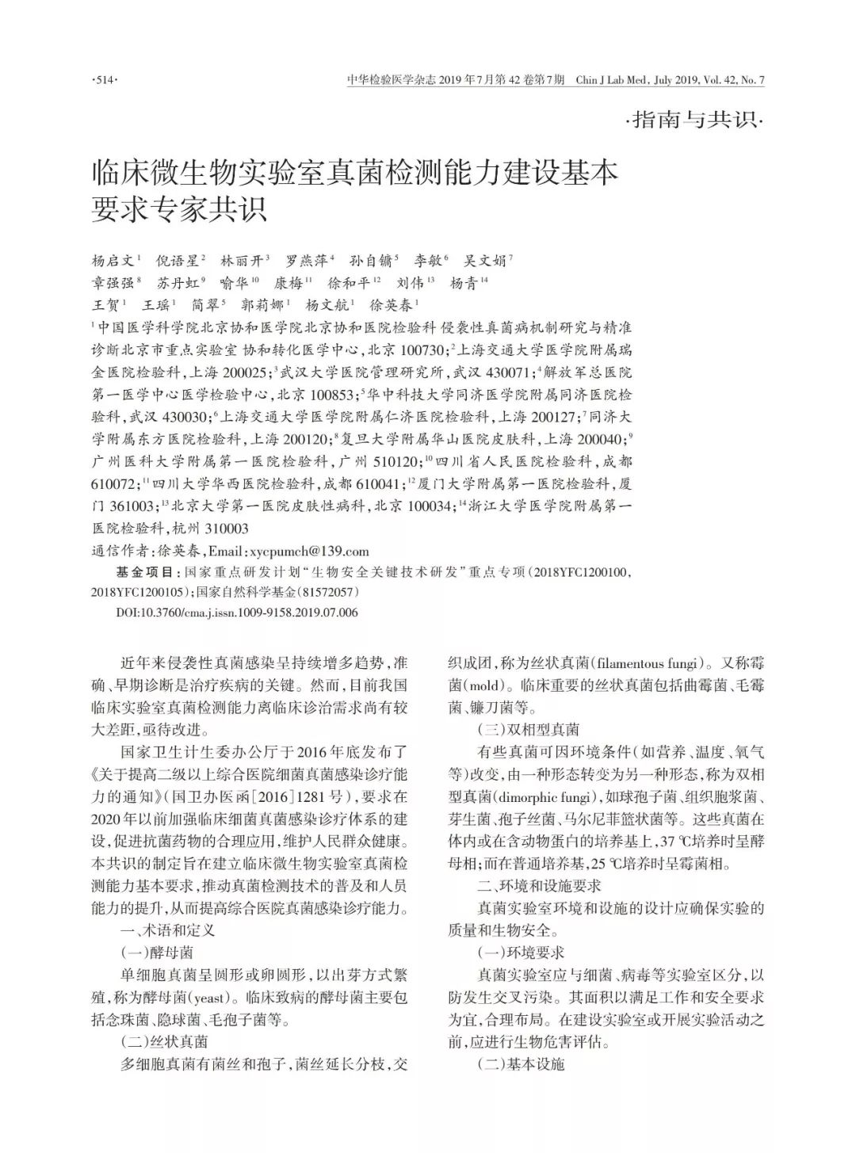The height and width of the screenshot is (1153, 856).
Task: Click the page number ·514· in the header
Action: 105,80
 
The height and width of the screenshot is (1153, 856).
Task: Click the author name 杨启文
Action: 114,261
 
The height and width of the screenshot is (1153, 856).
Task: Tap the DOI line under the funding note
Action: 237,612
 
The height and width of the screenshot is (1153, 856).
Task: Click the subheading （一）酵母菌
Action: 156,952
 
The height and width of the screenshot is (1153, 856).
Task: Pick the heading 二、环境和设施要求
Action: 539,885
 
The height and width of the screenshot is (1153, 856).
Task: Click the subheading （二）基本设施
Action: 521,1063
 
